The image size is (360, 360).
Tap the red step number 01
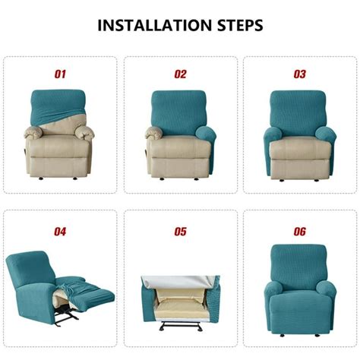[x=60, y=74]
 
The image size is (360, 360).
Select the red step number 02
[x=180, y=74]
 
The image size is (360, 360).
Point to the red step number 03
[x=299, y=74]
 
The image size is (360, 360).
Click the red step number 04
[x=60, y=230]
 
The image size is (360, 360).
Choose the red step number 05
[x=180, y=230]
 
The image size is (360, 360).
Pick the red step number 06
[x=299, y=230]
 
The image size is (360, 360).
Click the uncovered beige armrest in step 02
[x=154, y=137]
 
